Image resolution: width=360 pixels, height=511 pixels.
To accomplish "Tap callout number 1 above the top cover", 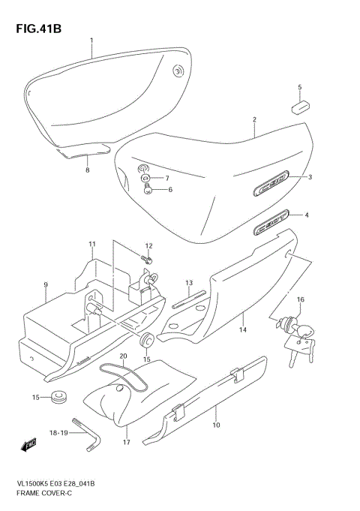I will pos(91,40).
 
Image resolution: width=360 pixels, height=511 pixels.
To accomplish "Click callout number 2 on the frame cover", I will pos(254,119).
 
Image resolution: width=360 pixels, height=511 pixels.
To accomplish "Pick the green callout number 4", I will pos(306,215).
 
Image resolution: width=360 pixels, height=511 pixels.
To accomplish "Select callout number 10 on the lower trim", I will pos(217,426).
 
